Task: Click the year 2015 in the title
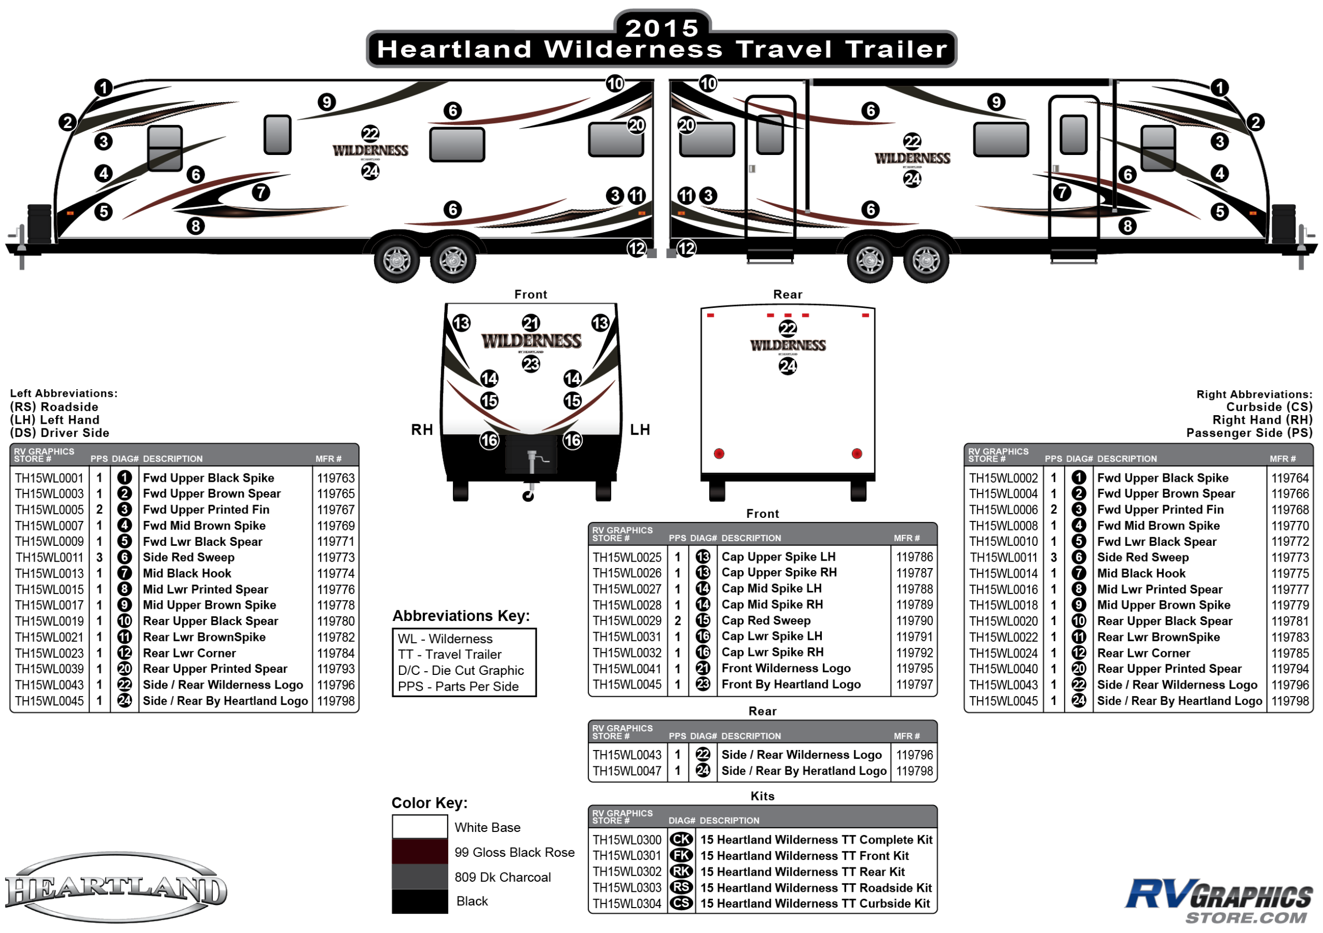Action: point(661,28)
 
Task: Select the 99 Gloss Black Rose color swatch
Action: point(420,851)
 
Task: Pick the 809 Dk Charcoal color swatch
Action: point(420,876)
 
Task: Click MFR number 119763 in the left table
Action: point(336,478)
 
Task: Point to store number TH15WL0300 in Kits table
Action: point(627,840)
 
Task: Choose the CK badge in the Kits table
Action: point(681,839)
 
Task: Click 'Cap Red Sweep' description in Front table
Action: point(766,620)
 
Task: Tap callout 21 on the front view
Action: point(531,323)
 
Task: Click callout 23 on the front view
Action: point(531,364)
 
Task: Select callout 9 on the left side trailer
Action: point(327,103)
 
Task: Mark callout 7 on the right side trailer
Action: point(1062,193)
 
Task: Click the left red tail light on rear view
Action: point(719,454)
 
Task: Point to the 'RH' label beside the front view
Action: point(422,429)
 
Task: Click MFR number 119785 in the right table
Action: point(1290,653)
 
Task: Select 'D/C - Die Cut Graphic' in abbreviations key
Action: point(460,670)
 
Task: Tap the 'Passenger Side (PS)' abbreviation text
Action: point(1249,433)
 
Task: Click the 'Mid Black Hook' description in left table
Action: point(187,574)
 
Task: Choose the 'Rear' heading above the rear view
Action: point(787,294)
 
